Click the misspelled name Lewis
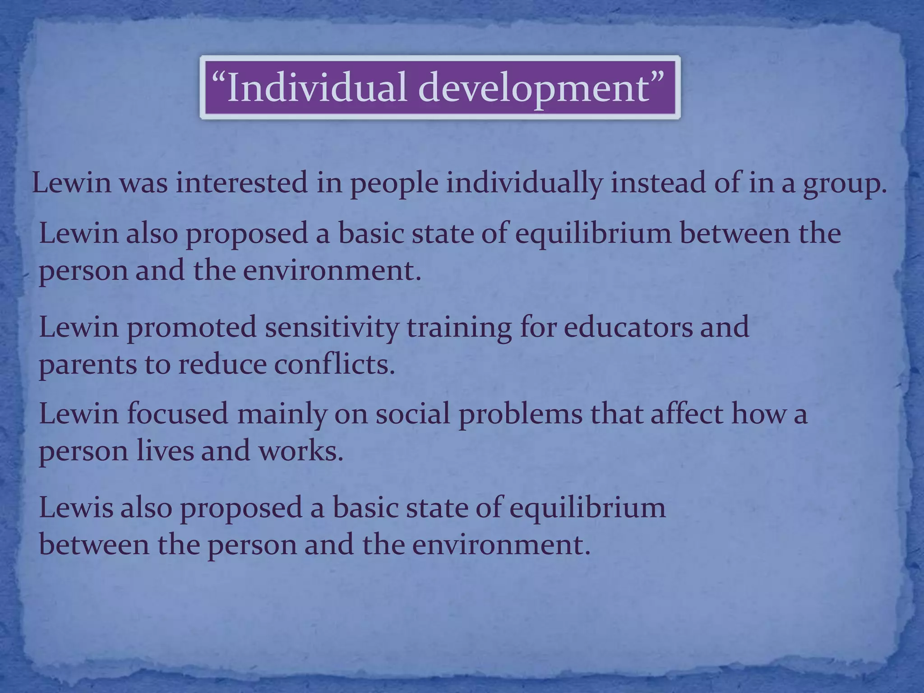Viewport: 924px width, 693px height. point(76,507)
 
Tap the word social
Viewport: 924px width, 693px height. point(413,413)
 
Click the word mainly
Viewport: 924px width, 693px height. point(282,414)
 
